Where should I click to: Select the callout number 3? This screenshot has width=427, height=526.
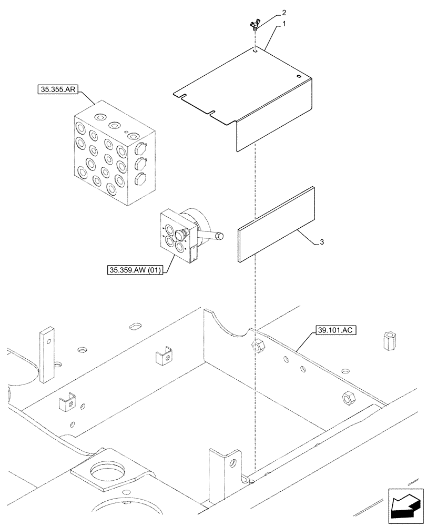(x=321, y=242)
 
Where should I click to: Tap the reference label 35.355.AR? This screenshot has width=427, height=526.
(x=58, y=90)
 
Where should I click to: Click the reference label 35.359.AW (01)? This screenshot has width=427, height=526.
(x=135, y=270)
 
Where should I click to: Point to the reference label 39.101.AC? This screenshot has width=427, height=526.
(x=337, y=330)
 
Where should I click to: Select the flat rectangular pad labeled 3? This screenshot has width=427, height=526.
(x=276, y=224)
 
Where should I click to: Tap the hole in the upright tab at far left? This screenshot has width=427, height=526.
(x=48, y=341)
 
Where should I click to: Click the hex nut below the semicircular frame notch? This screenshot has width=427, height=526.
(x=258, y=346)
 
